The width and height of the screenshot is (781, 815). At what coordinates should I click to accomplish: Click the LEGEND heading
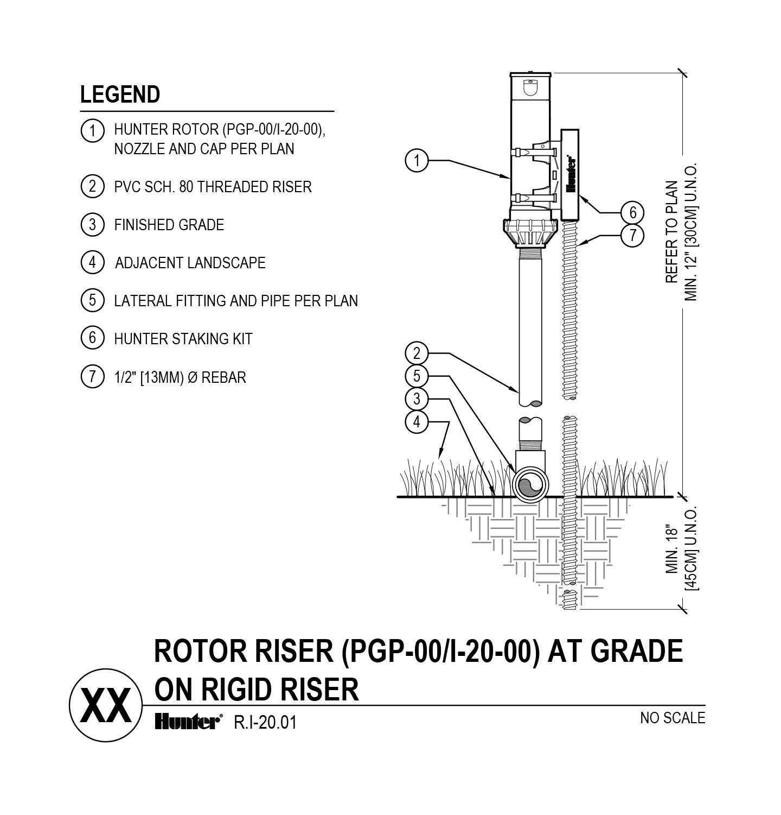[x=120, y=94]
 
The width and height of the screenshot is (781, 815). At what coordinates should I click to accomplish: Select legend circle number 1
[x=92, y=131]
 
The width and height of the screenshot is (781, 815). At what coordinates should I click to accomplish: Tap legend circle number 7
[x=92, y=377]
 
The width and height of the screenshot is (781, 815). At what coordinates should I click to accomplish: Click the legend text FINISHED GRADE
[x=169, y=225]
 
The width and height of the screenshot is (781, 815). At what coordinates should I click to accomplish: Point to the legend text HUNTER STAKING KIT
[x=183, y=339]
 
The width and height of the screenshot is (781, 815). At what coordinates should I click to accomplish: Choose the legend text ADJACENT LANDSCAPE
[x=190, y=263]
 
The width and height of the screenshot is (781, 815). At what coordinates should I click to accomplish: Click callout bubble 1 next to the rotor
[x=417, y=161]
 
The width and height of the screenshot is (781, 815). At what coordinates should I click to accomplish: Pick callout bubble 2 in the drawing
[x=417, y=353]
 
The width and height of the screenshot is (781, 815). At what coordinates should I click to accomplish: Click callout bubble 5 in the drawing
[x=417, y=376]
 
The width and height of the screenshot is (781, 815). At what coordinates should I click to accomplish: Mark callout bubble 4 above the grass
[x=417, y=421]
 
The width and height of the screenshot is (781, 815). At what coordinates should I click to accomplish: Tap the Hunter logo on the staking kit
[x=571, y=174]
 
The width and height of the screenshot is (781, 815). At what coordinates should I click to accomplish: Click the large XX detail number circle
[x=105, y=705]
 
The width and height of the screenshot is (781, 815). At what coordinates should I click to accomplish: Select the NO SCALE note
[x=673, y=718]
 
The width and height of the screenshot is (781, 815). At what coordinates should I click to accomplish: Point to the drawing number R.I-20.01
[x=265, y=723]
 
